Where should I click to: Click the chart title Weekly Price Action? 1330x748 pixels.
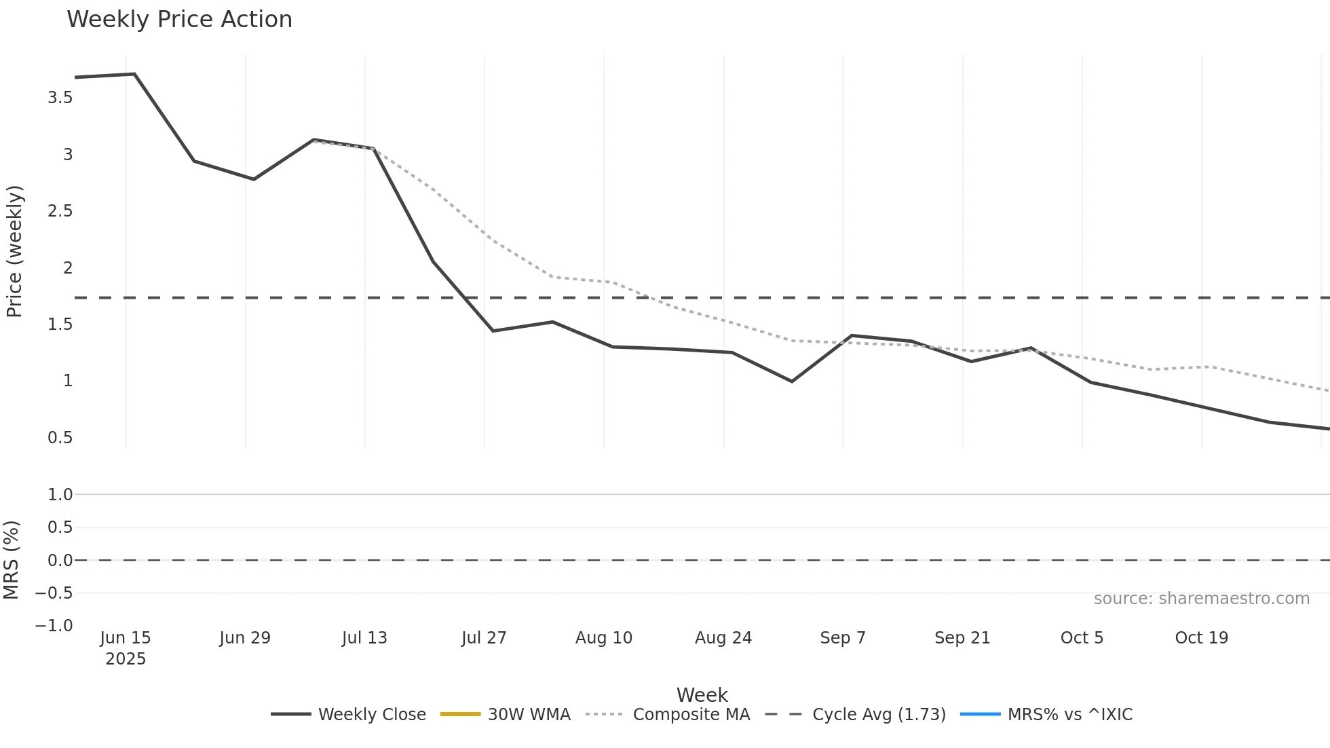click(x=179, y=20)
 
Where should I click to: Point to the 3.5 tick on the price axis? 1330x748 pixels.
click(x=60, y=98)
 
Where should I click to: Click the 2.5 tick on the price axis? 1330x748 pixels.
click(x=60, y=211)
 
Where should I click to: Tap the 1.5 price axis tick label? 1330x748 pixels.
click(x=60, y=324)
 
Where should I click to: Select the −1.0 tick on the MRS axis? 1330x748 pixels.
click(x=54, y=626)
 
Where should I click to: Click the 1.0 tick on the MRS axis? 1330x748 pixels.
click(x=60, y=495)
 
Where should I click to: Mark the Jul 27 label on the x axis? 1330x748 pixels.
click(x=484, y=638)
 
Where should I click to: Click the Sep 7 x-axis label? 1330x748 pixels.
click(x=843, y=638)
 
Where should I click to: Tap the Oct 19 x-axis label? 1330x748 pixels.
click(x=1201, y=638)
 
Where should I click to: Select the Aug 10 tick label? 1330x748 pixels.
click(x=603, y=638)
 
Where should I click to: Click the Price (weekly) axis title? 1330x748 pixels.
click(x=14, y=251)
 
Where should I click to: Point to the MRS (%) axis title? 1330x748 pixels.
click(x=12, y=560)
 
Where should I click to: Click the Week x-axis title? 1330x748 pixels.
click(x=702, y=695)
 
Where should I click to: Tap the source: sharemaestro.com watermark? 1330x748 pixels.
click(x=1201, y=599)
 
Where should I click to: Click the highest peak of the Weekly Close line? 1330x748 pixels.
click(x=134, y=74)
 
